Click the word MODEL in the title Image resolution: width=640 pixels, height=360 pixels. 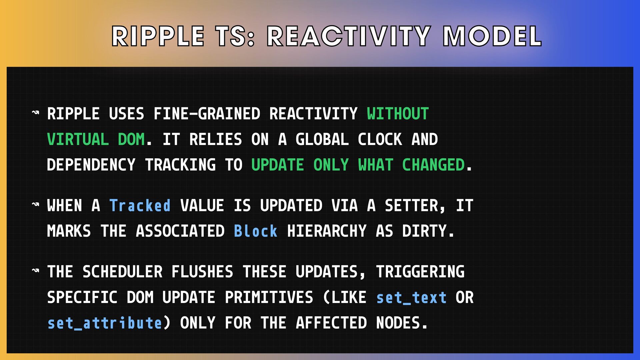492,36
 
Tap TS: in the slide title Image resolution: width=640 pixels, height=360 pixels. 235,36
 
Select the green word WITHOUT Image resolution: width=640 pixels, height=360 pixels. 398,114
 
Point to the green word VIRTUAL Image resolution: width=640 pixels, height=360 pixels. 78,139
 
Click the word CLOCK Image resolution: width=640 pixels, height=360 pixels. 380,139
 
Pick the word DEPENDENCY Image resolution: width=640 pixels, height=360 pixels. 91,165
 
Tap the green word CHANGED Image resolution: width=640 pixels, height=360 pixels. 433,165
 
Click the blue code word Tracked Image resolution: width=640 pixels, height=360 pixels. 140,206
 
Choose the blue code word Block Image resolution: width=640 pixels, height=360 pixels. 256,231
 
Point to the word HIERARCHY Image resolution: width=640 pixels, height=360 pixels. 327,231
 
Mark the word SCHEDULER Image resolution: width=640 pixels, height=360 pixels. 122,272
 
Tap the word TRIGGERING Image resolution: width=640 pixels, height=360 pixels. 420,272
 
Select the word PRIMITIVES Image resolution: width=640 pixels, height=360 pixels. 269,298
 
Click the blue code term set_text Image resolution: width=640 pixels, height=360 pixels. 411,298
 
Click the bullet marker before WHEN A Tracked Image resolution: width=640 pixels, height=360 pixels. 36,204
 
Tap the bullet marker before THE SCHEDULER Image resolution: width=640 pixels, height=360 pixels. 36,271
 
